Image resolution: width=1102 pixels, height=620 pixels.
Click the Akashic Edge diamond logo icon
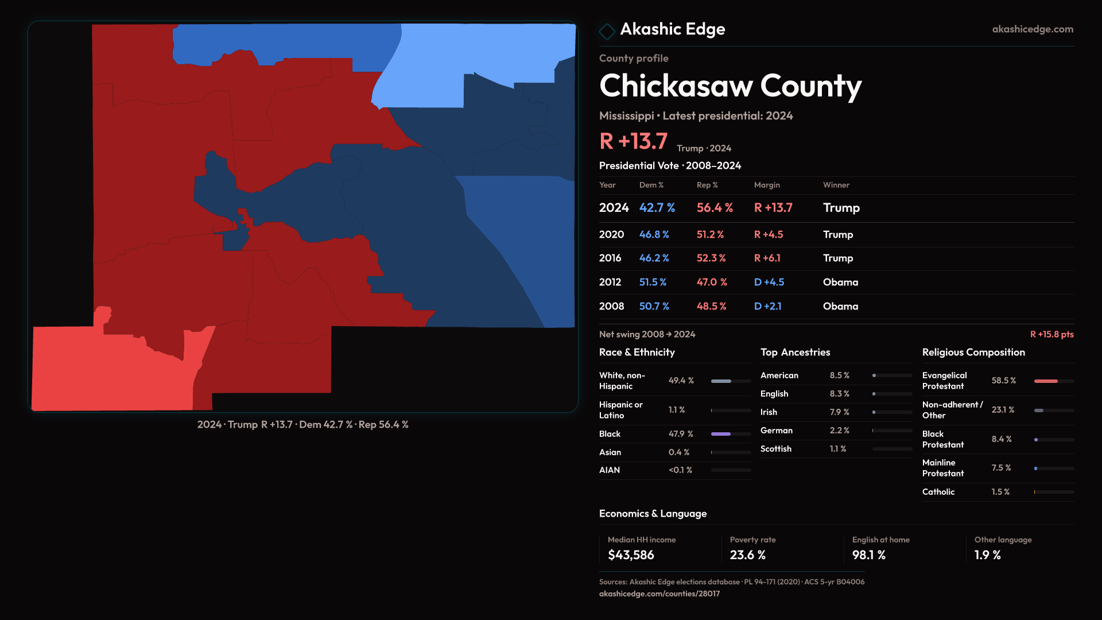click(607, 30)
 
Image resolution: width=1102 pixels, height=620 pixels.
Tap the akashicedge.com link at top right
click(1032, 29)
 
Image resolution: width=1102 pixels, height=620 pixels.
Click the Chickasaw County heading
click(730, 86)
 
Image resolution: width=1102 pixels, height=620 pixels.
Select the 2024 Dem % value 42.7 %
click(657, 208)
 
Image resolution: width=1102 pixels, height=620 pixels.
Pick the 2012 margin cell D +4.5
click(769, 282)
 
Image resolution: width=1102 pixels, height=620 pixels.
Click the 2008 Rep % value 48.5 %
click(711, 307)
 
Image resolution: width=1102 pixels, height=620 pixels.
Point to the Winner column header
click(836, 185)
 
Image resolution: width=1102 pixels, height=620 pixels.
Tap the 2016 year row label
click(610, 258)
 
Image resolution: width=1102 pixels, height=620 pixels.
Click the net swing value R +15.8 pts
click(1051, 334)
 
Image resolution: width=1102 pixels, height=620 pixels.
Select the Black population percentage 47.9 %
click(680, 434)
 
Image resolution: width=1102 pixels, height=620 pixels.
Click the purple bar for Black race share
click(720, 434)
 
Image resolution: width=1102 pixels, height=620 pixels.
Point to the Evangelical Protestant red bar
click(1045, 381)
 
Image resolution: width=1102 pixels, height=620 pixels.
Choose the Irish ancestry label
click(769, 412)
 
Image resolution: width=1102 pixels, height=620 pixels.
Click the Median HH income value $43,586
click(630, 555)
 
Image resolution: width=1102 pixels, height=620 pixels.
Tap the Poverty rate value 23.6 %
click(747, 555)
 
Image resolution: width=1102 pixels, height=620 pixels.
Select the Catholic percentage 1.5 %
click(1000, 492)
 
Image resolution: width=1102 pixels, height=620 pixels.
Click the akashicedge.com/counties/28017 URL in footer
click(659, 594)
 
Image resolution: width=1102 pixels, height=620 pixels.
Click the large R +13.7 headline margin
click(633, 141)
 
